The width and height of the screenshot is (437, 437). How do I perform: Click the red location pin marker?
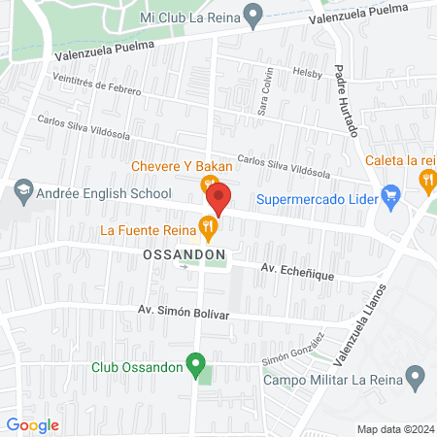(218, 199)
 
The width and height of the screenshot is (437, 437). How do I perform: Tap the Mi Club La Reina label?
(188, 17)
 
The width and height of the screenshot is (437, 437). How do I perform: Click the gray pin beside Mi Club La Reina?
(252, 16)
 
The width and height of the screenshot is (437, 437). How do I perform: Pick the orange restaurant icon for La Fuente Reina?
(207, 229)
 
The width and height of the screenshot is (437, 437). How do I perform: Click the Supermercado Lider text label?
(317, 201)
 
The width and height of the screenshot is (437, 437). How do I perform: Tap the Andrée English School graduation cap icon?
(22, 193)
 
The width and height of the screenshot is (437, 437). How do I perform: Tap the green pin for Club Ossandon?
(197, 367)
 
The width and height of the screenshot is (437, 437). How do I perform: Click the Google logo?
(33, 425)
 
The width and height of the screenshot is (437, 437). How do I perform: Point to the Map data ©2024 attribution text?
(395, 429)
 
